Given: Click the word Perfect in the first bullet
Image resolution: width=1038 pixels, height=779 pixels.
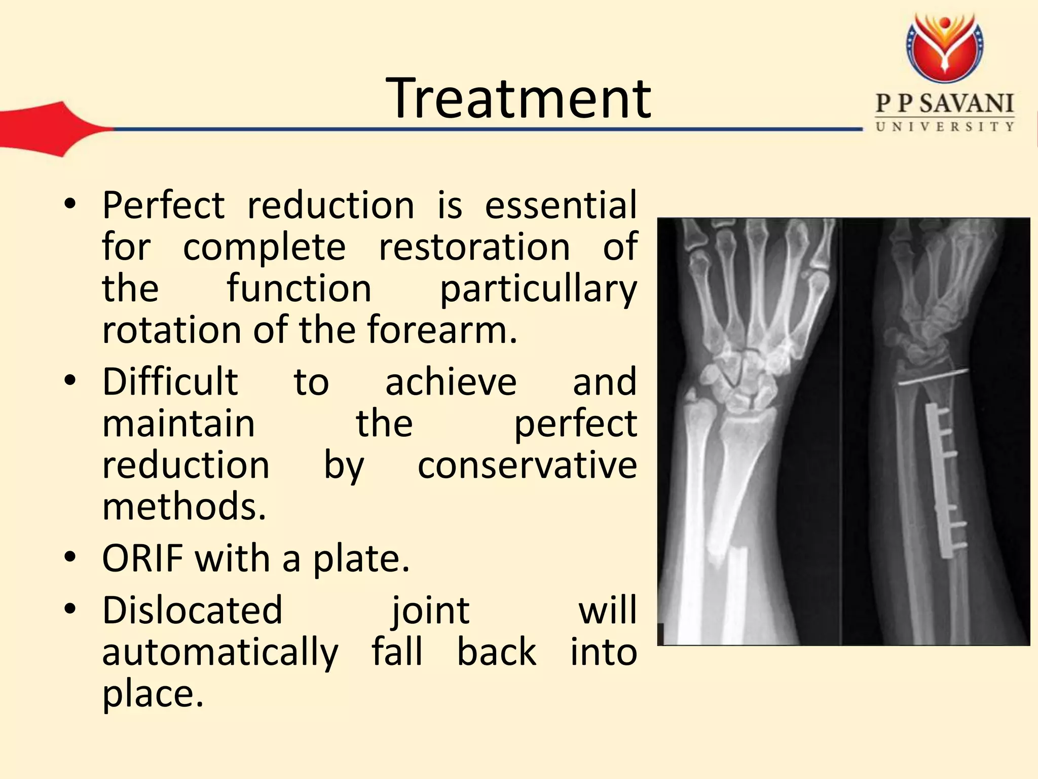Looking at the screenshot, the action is (163, 205).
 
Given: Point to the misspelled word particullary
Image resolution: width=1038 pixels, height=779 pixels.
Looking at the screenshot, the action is (538, 289).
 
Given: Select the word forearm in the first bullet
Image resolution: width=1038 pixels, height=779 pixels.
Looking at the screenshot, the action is (441, 330).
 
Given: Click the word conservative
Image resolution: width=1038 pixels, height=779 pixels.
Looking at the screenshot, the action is (527, 465).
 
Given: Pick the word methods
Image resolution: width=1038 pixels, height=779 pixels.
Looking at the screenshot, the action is (183, 507).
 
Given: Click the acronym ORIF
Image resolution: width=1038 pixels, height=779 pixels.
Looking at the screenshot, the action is (142, 558).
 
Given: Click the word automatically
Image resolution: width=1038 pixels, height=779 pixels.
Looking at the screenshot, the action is (220, 652).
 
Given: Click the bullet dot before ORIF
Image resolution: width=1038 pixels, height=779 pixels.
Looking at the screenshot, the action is (70, 558).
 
